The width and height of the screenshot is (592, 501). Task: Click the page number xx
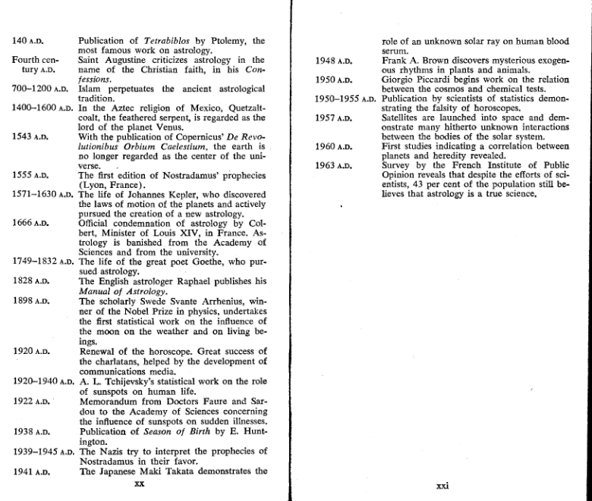(x=139, y=482)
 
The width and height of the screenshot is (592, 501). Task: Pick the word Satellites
(x=405, y=117)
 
